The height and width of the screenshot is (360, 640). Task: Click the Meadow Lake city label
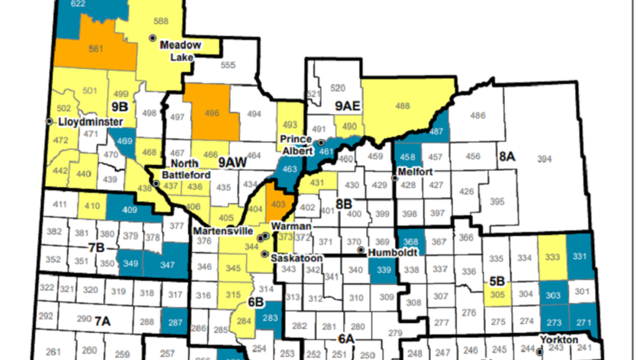[x=181, y=51]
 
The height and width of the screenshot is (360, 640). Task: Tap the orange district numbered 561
[x=96, y=47]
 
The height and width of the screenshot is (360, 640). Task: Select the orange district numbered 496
[x=212, y=113]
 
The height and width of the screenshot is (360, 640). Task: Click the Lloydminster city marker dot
[x=50, y=122]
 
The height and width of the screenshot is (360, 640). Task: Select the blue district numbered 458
[x=407, y=157]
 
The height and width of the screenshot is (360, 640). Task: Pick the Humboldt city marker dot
[x=361, y=250]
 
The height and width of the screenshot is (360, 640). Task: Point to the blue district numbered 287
[x=173, y=322]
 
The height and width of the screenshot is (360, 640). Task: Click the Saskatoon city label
[x=297, y=258]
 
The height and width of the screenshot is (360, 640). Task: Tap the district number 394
[x=544, y=159]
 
